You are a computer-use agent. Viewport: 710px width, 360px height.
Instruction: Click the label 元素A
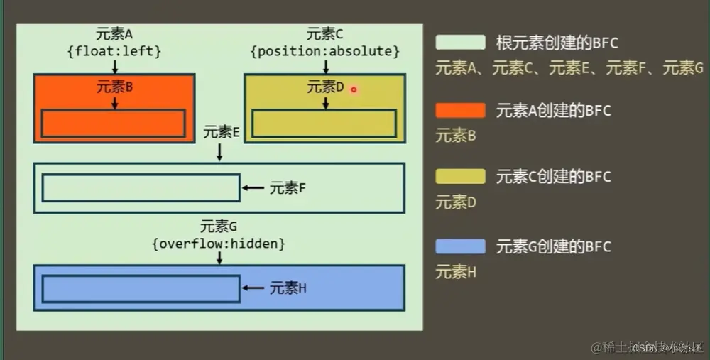coord(114,33)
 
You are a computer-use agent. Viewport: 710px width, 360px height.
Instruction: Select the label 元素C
coord(325,33)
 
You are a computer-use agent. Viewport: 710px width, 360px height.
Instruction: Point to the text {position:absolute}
coord(325,51)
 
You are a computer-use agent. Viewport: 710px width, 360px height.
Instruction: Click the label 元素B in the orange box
coord(114,87)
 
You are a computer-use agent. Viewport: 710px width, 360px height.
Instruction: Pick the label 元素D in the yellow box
coord(325,87)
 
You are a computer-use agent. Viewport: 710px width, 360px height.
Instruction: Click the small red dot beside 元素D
coord(353,89)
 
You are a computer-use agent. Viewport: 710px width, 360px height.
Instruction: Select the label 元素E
coord(220,131)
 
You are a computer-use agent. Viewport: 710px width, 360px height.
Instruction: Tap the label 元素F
coord(288,188)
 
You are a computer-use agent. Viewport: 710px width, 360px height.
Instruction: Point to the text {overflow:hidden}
coord(219,244)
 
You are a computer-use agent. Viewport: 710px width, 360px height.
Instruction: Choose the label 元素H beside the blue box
coord(288,288)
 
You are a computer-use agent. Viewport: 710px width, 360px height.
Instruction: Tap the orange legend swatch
coord(460,110)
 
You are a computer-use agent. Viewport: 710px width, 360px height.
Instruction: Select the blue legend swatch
coord(460,246)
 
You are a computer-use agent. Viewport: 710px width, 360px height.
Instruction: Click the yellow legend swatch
coord(460,177)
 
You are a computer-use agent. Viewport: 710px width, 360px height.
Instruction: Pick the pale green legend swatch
coord(460,43)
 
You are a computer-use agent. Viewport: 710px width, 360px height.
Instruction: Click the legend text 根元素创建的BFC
coord(557,43)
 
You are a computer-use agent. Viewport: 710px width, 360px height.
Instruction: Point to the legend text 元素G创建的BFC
coord(553,247)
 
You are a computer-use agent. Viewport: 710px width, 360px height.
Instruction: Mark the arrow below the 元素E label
coord(220,151)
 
